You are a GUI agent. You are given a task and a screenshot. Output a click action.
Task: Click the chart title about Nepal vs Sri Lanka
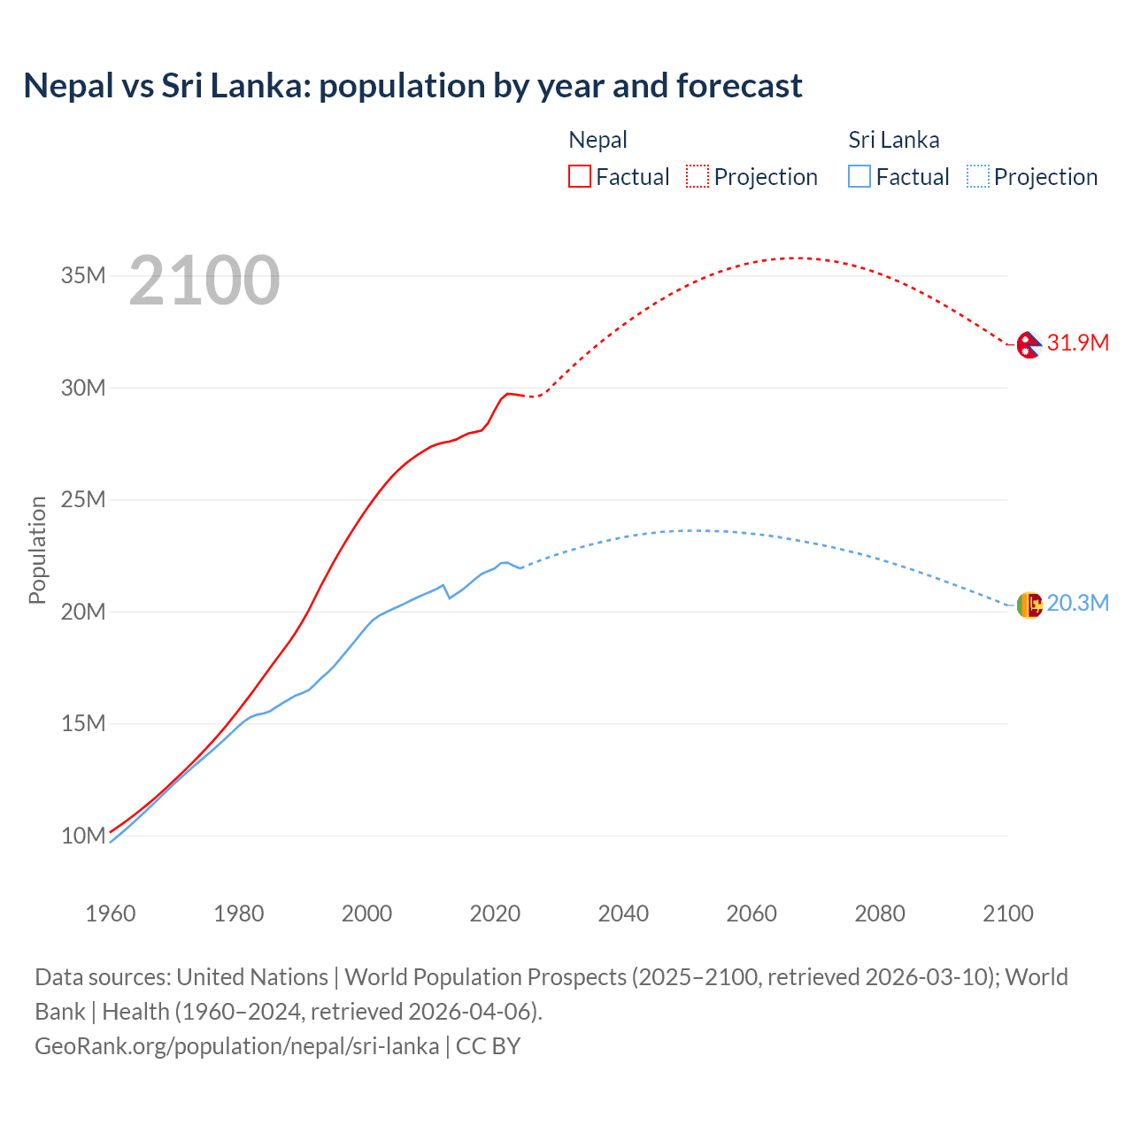coord(412,86)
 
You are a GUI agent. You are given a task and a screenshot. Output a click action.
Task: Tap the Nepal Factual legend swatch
coord(579,176)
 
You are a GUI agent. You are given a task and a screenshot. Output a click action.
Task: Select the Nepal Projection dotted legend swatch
coord(698,176)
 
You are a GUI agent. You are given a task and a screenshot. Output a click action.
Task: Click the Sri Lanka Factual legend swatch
coord(859,176)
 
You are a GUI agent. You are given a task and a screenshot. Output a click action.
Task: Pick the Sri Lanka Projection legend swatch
coord(977,176)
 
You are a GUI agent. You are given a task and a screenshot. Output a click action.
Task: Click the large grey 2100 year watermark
coord(204,281)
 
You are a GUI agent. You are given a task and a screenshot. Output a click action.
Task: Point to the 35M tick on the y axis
coord(83,275)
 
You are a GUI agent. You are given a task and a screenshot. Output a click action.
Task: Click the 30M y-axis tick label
coord(83,388)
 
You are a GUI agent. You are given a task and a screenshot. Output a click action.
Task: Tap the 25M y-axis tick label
coord(83,499)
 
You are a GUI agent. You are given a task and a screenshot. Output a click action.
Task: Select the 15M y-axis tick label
coord(83,723)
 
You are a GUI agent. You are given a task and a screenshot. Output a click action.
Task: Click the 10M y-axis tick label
coord(83,836)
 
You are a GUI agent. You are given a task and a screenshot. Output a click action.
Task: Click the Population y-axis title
coord(37,550)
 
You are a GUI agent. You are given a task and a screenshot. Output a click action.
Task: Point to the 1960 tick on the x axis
coord(111,913)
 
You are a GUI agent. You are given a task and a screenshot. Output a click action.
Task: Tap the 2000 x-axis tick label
coord(366,913)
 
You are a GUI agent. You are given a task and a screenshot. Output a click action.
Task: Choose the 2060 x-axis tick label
coord(751,913)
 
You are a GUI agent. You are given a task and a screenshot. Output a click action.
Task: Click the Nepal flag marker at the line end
coord(1029,344)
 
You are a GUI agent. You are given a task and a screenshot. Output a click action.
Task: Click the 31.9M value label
coord(1077,343)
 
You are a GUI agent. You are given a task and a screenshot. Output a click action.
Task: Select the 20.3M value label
coord(1077,603)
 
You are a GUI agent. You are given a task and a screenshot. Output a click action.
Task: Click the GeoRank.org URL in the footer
coord(236,1045)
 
